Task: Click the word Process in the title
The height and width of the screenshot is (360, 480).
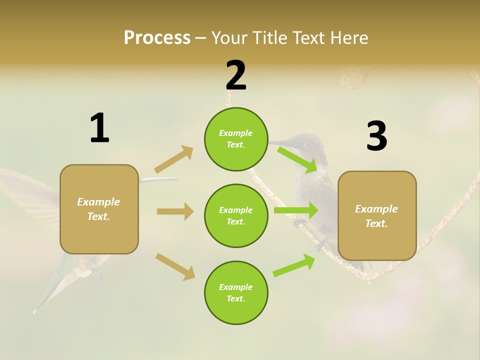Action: click(157, 38)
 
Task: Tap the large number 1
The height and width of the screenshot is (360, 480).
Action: click(99, 128)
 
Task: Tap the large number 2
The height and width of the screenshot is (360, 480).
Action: click(236, 75)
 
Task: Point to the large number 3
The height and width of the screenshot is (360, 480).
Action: click(376, 136)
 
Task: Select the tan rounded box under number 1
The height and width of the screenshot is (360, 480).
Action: click(99, 209)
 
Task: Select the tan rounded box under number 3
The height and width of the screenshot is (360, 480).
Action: click(377, 215)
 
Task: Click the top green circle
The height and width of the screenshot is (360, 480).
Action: click(236, 139)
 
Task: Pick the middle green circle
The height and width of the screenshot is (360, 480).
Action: click(236, 215)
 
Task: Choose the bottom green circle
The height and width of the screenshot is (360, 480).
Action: click(236, 292)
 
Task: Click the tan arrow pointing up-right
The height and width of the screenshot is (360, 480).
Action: click(174, 159)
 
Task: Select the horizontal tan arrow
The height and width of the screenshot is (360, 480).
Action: click(175, 211)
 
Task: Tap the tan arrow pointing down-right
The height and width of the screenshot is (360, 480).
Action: click(175, 266)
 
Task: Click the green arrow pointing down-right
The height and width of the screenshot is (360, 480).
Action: click(298, 160)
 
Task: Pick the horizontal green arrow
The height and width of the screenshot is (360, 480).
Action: click(295, 210)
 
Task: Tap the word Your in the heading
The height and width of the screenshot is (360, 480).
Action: click(229, 38)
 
